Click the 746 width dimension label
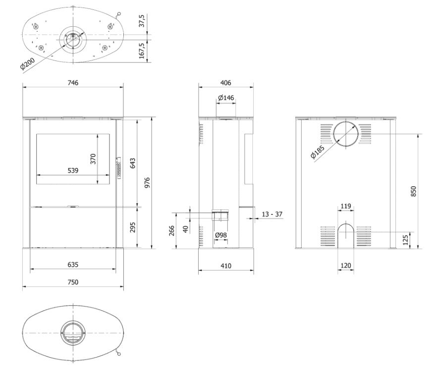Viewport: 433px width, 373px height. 73,83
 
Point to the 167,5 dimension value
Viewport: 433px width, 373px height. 142,51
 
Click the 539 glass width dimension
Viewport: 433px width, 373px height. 72,170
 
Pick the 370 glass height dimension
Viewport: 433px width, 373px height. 93,159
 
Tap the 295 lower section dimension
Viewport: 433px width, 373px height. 132,227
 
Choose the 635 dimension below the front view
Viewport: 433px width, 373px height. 73,265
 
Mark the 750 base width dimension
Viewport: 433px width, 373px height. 73,282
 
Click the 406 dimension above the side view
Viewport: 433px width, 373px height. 226,83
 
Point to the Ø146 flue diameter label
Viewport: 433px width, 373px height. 226,98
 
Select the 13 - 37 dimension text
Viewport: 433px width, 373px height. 272,214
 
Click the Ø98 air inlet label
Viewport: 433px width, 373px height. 221,235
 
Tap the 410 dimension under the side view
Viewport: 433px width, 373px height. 226,266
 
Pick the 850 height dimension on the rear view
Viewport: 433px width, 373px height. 414,191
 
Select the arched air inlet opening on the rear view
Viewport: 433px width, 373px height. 346,235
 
